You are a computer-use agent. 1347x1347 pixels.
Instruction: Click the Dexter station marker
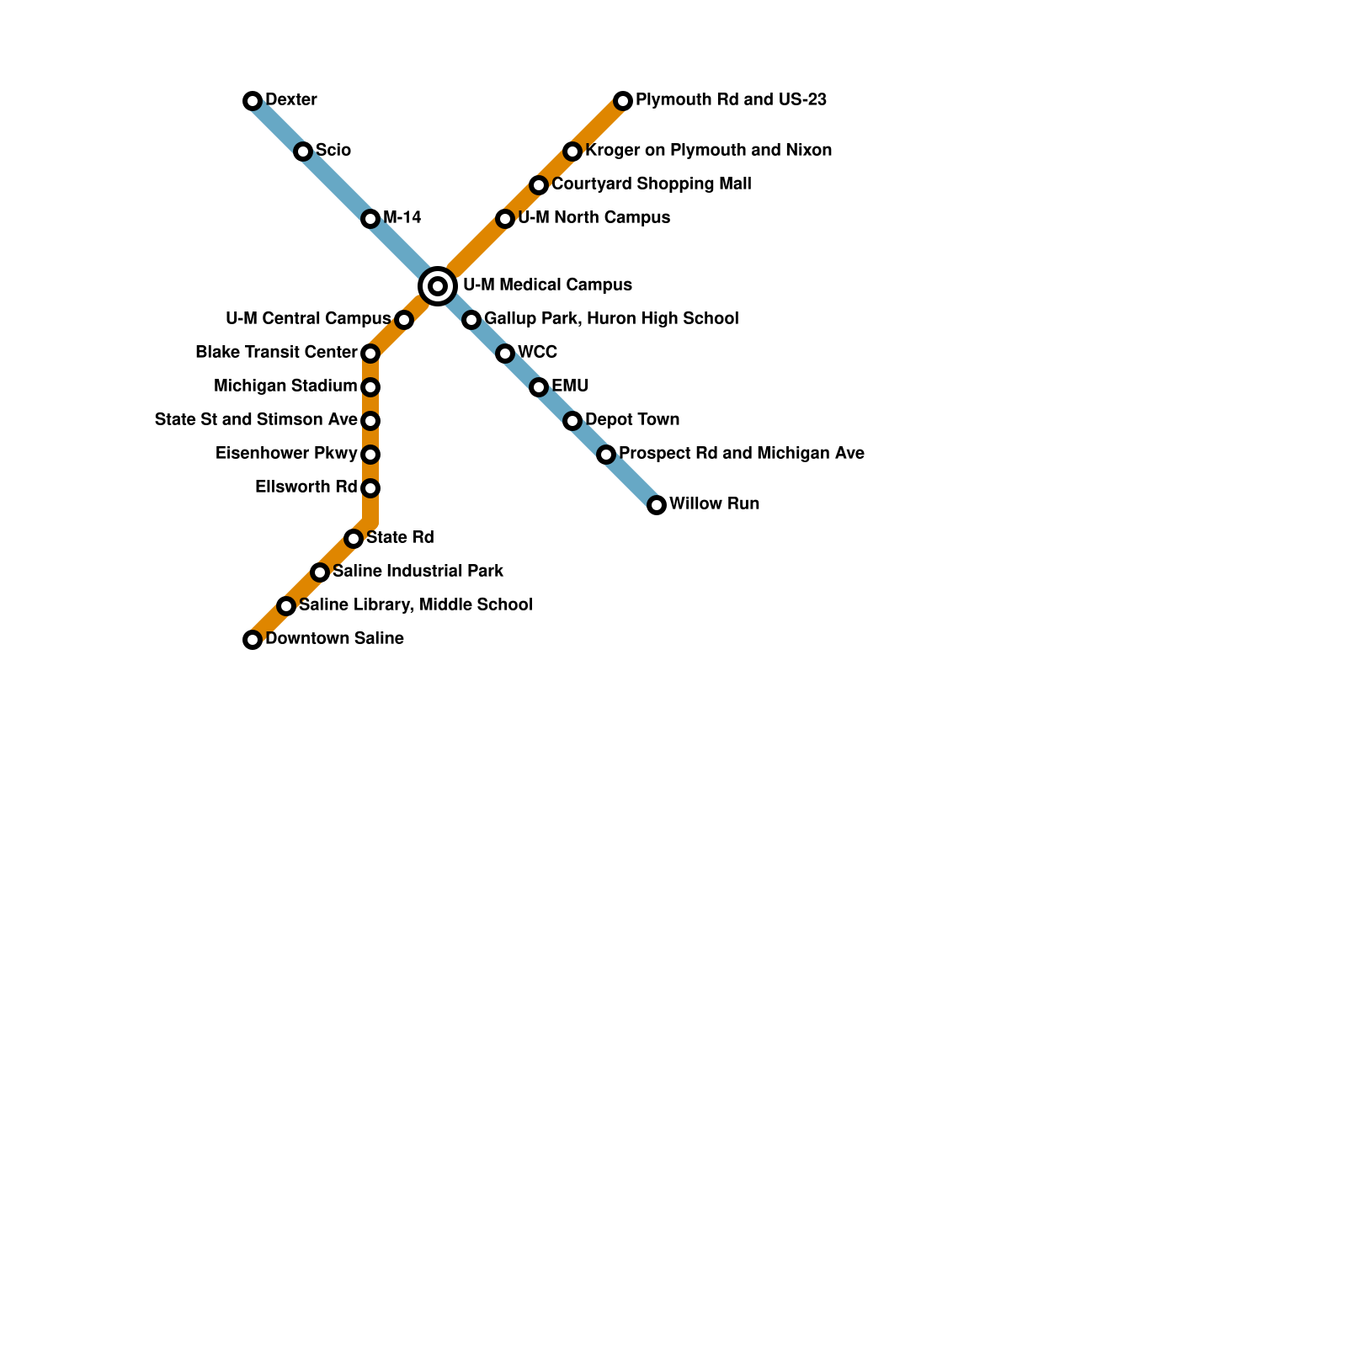tap(253, 101)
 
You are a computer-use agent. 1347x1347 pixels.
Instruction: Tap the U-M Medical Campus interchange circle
tap(438, 286)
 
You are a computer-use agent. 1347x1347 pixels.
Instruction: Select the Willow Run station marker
tap(657, 505)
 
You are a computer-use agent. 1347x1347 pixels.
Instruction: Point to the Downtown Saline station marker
tap(253, 640)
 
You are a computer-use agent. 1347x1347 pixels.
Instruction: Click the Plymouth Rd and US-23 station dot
tap(623, 101)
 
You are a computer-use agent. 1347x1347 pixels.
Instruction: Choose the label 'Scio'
tap(333, 151)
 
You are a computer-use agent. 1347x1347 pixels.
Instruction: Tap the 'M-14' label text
tap(402, 218)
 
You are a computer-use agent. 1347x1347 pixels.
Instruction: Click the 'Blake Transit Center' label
tap(276, 352)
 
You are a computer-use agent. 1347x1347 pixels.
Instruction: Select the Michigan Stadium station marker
tap(370, 387)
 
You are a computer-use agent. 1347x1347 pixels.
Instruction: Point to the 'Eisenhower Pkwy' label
tap(286, 454)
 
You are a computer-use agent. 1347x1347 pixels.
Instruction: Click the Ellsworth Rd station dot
tap(370, 488)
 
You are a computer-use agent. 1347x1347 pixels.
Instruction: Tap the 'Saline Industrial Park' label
tap(418, 572)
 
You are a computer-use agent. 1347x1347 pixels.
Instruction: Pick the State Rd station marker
tap(354, 539)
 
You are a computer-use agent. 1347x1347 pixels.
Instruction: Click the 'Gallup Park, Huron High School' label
tap(611, 319)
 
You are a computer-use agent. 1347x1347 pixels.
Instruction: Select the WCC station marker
tap(505, 354)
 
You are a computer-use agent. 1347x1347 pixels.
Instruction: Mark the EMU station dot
tap(539, 387)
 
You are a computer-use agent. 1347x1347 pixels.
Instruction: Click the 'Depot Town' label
tap(632, 420)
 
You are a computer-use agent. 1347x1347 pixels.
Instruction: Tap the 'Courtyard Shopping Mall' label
tap(652, 184)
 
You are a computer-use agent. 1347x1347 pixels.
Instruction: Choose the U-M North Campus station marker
tap(505, 219)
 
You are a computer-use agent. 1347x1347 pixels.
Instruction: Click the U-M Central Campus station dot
tap(404, 320)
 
